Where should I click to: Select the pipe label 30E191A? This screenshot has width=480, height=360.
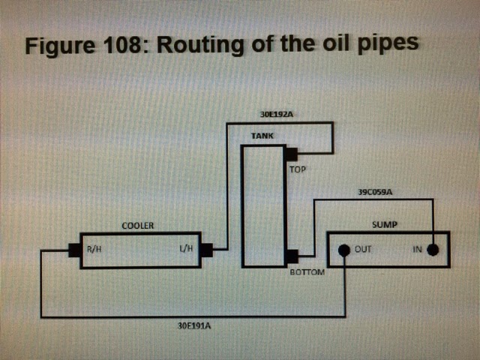pyautogui.click(x=193, y=326)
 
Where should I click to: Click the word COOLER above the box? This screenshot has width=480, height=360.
pyautogui.click(x=138, y=225)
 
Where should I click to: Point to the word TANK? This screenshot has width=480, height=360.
pyautogui.click(x=262, y=136)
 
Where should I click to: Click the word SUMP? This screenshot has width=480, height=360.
pyautogui.click(x=385, y=224)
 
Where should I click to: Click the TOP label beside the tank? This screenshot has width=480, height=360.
pyautogui.click(x=298, y=169)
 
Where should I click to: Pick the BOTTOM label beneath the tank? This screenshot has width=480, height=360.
pyautogui.click(x=307, y=271)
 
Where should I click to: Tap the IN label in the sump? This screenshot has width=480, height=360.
pyautogui.click(x=418, y=250)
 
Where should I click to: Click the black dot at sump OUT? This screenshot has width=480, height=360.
pyautogui.click(x=344, y=250)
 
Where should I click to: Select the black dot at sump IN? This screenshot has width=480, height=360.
pyautogui.click(x=433, y=250)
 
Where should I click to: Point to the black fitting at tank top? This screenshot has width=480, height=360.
pyautogui.click(x=291, y=154)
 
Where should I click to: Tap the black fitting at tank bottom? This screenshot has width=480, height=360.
pyautogui.click(x=291, y=256)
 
